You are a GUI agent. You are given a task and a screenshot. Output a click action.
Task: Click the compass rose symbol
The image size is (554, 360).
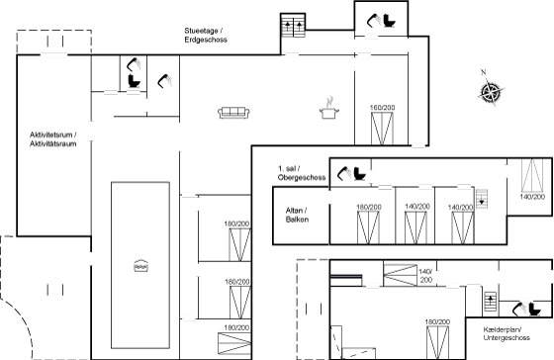point(491,92)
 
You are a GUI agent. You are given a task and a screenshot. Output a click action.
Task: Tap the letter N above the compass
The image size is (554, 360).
point(484,72)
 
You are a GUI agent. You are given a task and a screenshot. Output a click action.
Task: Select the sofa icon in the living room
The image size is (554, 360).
point(233,113)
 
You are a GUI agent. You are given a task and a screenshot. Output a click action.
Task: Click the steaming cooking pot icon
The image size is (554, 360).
point(329,108)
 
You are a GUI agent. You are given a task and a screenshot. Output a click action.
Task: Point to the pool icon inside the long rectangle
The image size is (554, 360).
point(140,266)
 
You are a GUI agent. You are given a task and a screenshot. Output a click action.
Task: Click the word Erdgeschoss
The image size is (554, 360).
point(206,40)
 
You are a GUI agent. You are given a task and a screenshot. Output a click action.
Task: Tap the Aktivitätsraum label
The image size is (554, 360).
point(53,143)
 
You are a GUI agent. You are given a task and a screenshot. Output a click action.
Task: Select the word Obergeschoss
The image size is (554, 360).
point(302,177)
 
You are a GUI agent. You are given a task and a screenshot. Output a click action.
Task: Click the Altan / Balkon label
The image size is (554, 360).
point(297,215)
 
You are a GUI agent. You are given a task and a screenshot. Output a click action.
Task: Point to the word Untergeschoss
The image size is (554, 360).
point(507,337)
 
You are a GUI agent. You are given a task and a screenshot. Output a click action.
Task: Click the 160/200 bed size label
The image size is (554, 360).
point(382,108)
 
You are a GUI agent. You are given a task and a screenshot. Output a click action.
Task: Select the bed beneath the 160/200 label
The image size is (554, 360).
point(382,129)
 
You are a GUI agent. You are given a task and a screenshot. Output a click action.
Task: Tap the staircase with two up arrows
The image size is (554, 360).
point(293,25)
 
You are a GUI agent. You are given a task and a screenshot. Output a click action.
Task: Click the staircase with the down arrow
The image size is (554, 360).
point(482,199)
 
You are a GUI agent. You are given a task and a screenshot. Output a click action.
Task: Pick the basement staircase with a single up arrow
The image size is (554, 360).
point(490,302)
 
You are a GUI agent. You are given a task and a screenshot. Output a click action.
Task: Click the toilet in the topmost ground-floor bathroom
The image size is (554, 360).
point(390,21)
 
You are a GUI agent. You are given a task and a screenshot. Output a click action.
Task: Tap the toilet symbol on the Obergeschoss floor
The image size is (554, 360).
point(360,173)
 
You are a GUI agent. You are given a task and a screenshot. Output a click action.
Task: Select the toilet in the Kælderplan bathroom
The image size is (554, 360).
point(535,310)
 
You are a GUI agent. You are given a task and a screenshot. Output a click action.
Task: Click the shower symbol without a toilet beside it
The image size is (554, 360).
point(164,81)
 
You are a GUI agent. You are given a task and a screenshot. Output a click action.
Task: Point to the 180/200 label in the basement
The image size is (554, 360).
point(437,321)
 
